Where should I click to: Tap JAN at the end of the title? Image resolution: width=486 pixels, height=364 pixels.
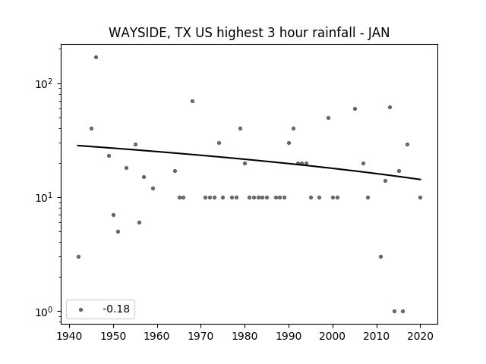(x=379, y=33)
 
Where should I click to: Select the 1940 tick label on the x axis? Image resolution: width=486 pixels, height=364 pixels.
(x=69, y=336)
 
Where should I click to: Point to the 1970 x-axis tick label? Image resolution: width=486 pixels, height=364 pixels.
(x=200, y=336)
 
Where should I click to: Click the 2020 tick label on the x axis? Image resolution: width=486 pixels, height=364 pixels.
(x=420, y=336)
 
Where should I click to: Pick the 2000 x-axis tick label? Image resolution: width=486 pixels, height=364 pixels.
(x=333, y=336)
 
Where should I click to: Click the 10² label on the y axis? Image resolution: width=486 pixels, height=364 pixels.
(x=45, y=83)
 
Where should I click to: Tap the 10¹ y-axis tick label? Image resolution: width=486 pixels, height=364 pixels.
(x=45, y=197)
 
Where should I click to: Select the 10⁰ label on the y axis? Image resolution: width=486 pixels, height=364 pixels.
(x=45, y=312)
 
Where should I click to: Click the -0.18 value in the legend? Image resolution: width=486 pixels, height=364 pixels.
(x=116, y=309)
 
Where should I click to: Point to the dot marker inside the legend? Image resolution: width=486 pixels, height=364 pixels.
(x=81, y=309)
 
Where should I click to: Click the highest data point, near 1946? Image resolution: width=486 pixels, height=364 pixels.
(x=96, y=58)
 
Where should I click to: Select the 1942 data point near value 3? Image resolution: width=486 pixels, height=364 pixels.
(x=78, y=256)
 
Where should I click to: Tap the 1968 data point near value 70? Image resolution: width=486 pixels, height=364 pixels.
(x=192, y=101)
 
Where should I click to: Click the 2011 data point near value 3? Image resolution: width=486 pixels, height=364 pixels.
(x=380, y=256)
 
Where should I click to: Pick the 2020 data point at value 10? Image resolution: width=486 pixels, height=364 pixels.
(x=420, y=197)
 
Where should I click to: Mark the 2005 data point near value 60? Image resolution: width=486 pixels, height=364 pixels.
(x=355, y=108)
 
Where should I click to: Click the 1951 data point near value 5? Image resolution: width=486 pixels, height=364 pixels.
(x=118, y=231)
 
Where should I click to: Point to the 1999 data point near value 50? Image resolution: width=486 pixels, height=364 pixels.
(x=329, y=118)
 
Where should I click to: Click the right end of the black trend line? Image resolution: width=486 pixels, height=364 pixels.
(x=421, y=180)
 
